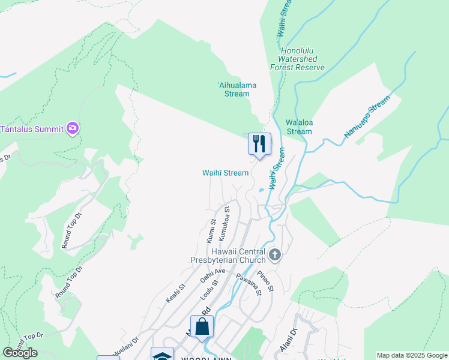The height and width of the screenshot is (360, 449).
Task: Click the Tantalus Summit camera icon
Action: [73, 128]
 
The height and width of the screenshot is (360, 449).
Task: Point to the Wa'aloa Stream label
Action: [299, 127]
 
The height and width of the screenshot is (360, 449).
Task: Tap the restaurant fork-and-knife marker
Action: [259, 144]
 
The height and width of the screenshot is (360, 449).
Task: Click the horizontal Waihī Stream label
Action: [224, 173]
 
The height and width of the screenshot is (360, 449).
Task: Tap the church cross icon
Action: [275, 255]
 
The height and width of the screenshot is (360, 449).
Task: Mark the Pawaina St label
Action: [249, 285]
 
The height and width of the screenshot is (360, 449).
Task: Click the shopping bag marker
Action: [202, 327]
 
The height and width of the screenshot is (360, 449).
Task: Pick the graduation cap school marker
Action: [162, 355]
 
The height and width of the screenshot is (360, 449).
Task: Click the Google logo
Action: [20, 353]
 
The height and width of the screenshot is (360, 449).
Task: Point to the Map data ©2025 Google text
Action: [411, 355]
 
